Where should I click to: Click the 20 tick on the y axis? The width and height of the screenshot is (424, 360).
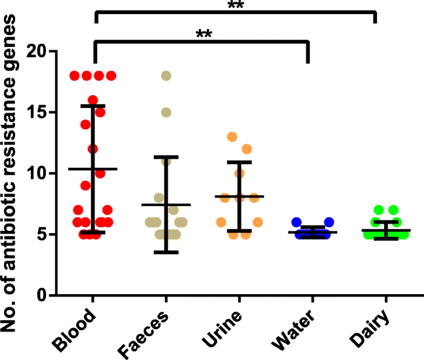tap(33, 51)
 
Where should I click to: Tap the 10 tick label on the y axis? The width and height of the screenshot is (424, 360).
tap(33, 173)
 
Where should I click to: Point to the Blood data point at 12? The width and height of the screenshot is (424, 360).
tap(92, 149)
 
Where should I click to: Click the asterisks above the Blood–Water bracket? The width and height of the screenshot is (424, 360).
tap(204, 35)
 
